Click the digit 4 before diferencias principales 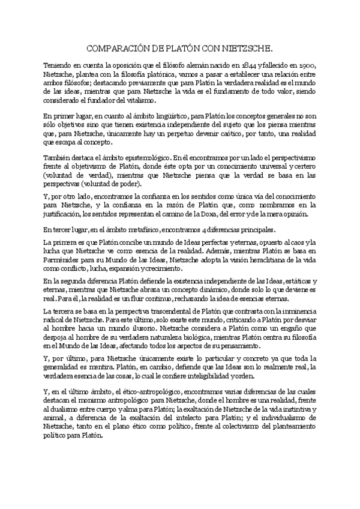point(219,229)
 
